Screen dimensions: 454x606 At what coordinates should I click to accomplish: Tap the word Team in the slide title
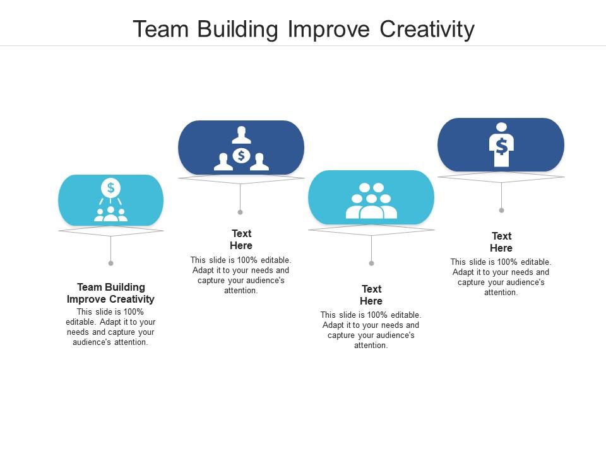click(157, 30)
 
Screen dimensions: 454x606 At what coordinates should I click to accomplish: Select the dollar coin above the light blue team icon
click(110, 187)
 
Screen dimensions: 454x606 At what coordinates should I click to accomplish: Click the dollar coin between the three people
click(241, 155)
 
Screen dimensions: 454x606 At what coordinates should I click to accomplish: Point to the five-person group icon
click(371, 201)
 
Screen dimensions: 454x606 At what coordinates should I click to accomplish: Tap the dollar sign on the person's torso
click(501, 146)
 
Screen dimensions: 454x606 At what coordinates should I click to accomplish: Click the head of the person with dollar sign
click(501, 127)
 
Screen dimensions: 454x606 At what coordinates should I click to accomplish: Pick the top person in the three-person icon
click(241, 134)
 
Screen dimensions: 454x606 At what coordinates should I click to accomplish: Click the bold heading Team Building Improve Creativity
click(110, 293)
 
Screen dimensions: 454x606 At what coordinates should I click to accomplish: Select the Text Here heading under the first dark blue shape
click(241, 240)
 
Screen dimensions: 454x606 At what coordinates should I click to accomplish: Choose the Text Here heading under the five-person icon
click(371, 295)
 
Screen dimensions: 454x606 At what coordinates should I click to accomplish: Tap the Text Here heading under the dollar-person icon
click(501, 242)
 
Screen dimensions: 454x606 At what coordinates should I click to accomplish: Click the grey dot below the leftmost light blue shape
click(110, 263)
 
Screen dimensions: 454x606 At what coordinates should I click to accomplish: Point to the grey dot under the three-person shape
click(241, 212)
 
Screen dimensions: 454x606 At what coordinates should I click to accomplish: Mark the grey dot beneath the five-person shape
click(371, 263)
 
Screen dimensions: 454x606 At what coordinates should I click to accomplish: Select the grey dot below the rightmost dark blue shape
click(501, 210)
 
